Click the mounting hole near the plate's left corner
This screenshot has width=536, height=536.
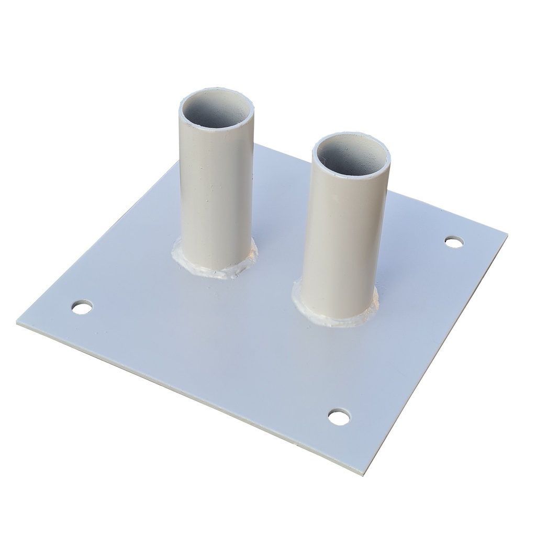tap(82, 307)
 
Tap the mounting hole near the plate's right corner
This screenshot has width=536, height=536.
tap(454, 242)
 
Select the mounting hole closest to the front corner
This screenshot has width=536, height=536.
tap(339, 417)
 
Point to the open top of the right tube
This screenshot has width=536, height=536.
tap(351, 152)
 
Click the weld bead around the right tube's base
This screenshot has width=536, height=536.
tap(335, 317)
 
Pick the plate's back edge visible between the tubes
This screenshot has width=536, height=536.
tap(283, 153)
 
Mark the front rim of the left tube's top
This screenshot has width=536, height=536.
tap(216, 128)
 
